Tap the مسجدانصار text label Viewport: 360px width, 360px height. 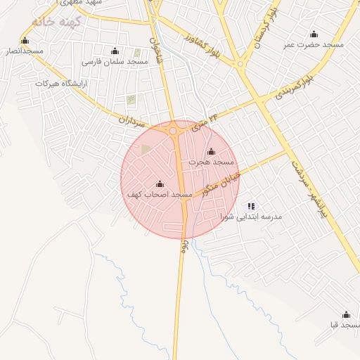click(25, 51)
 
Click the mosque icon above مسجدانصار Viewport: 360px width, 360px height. click(25, 41)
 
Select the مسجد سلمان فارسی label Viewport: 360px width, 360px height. click(115, 62)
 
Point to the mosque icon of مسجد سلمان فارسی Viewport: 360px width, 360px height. click(115, 51)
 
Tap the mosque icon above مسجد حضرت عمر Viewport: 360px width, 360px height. click(314, 34)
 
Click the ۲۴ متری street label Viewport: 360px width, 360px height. click(200, 125)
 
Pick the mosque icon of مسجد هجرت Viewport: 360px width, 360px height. click(211, 152)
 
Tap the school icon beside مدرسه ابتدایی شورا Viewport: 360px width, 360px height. click(251, 206)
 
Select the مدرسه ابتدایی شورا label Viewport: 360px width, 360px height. click(251, 217)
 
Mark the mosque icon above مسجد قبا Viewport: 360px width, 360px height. click(345, 315)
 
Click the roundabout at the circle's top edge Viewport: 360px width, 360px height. click(173, 130)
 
